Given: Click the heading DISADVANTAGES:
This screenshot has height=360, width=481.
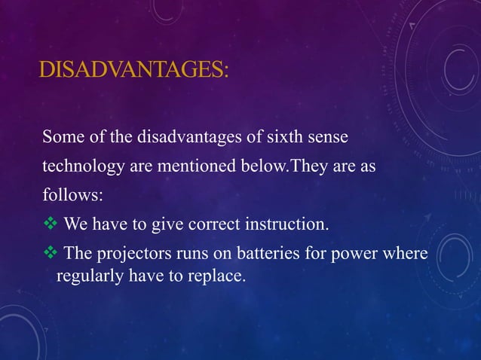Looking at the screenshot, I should coord(133,72).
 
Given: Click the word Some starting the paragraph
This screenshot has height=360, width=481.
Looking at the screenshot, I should coord(62,138).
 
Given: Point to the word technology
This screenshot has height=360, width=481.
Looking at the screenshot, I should coord(83,166).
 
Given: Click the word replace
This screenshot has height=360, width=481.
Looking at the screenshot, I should coord(218,276).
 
